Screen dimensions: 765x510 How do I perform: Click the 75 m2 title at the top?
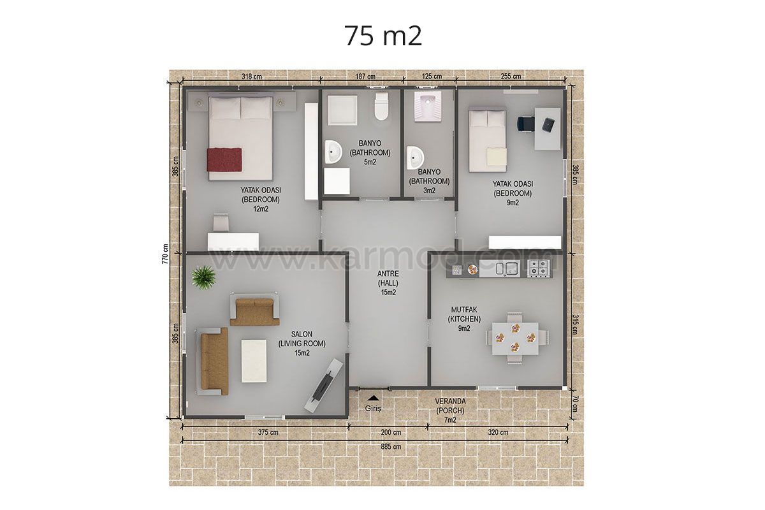click(x=383, y=36)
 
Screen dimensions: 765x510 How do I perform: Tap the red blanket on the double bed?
click(x=224, y=159)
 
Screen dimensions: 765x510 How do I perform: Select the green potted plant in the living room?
click(x=203, y=277)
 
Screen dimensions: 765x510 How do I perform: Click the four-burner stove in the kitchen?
click(x=539, y=268)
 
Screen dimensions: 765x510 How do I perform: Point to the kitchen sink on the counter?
click(x=507, y=268)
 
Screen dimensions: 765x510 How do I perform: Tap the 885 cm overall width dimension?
click(x=391, y=446)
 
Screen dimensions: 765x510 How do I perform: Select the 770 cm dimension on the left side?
click(x=165, y=254)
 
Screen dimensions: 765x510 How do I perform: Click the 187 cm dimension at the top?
click(x=365, y=76)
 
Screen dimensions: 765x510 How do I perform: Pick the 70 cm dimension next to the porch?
click(x=575, y=404)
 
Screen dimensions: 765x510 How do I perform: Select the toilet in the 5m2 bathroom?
click(x=381, y=106)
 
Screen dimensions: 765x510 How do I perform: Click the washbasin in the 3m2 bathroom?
click(x=415, y=158)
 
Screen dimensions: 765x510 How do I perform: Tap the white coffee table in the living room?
click(x=254, y=361)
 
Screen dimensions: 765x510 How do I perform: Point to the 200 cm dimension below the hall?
click(x=391, y=432)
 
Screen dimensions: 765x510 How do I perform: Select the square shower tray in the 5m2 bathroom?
click(x=342, y=110)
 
